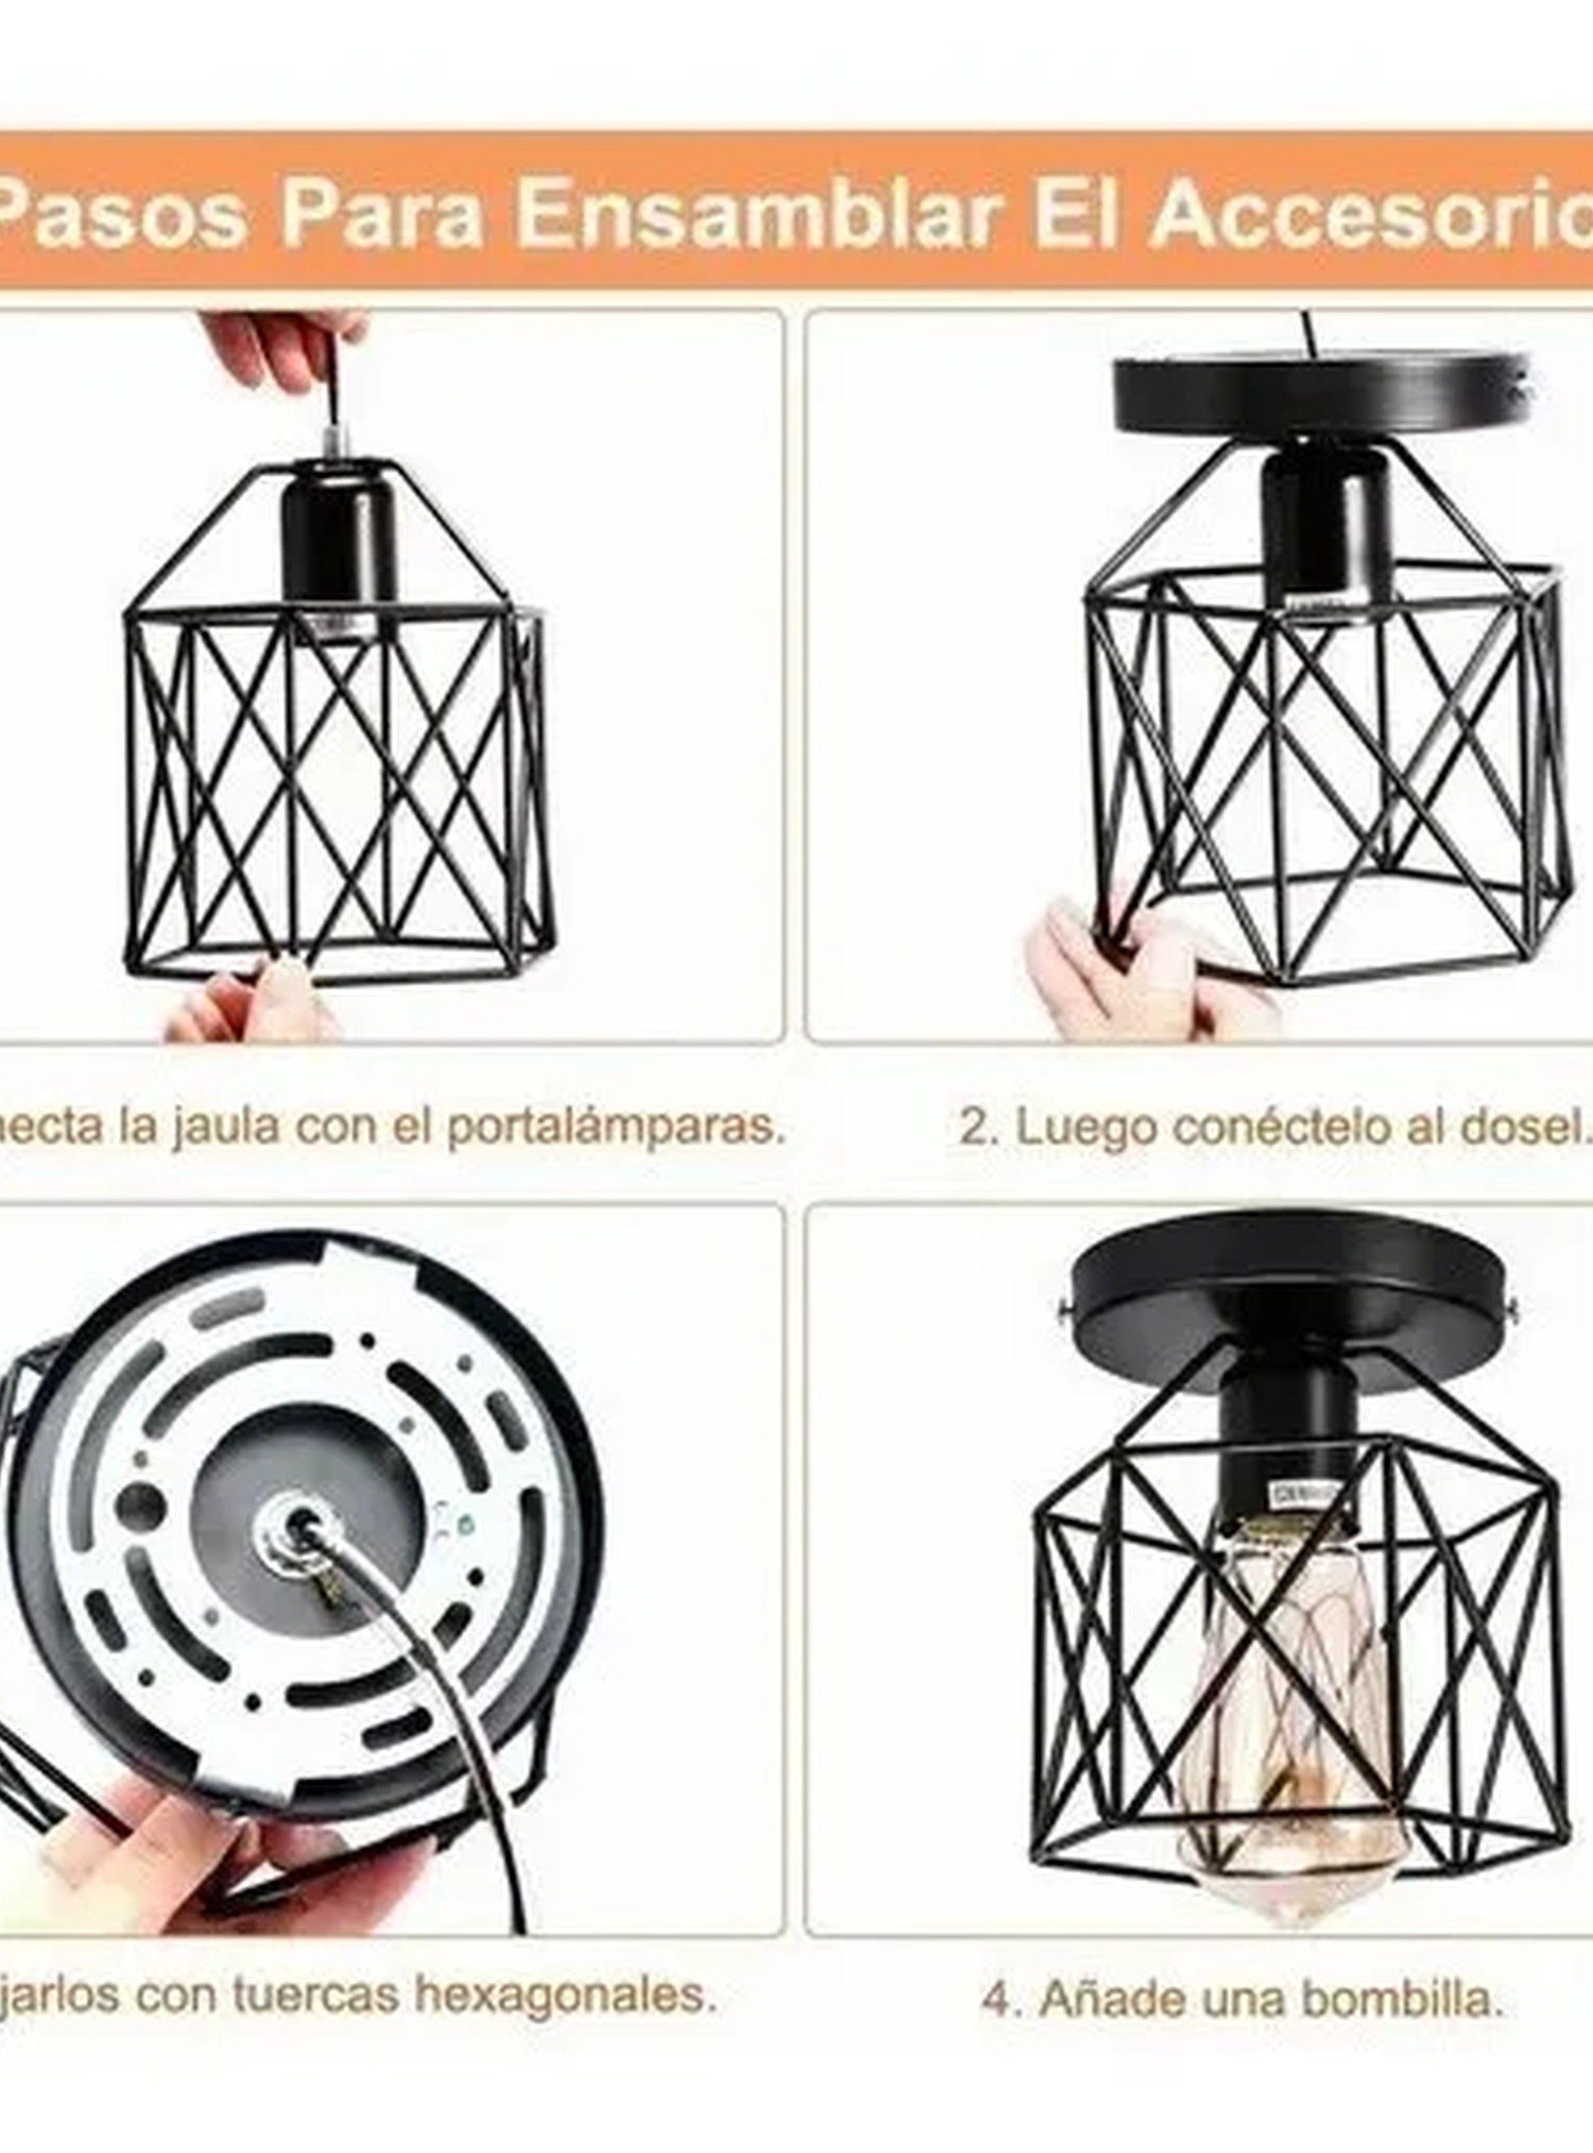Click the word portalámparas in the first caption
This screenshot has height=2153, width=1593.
coord(612,1127)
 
